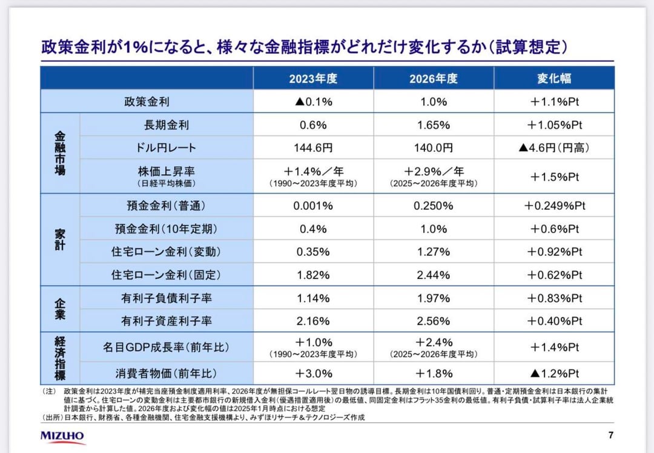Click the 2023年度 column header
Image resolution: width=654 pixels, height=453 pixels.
click(x=312, y=79)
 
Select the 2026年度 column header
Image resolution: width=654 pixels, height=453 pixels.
click(x=433, y=79)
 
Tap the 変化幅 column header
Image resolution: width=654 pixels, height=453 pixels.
click(x=554, y=79)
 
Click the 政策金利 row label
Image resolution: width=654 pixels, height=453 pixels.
click(x=147, y=102)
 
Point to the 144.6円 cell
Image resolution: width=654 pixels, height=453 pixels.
click(x=312, y=148)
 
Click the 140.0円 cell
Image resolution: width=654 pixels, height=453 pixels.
click(x=433, y=148)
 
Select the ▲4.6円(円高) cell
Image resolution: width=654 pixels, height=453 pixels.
click(x=554, y=148)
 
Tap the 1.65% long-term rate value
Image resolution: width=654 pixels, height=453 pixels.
click(x=433, y=125)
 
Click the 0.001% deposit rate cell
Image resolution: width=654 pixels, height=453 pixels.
click(x=312, y=206)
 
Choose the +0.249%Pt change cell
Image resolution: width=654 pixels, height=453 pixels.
click(x=554, y=206)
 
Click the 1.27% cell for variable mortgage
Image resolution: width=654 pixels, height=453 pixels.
click(x=433, y=252)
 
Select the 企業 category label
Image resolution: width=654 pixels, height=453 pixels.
click(x=59, y=309)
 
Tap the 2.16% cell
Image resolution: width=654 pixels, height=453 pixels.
click(x=312, y=321)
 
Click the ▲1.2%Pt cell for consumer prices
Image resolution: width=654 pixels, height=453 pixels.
click(x=554, y=373)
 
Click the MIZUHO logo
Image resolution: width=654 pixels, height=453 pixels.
click(x=63, y=435)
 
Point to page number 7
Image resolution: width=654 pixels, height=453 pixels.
click(x=610, y=435)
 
